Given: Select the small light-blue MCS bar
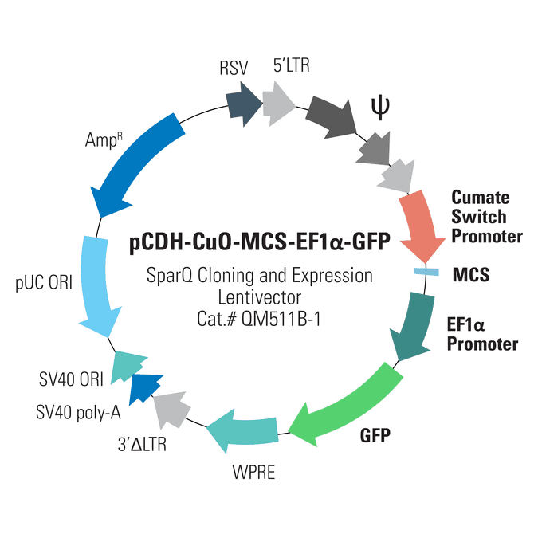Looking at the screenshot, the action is click(426, 272).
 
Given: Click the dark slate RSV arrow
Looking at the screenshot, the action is click(244, 104).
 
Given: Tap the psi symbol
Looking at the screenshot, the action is click(380, 108).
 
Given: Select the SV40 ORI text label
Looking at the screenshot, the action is click(71, 379).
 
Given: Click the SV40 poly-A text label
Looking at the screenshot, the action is click(79, 412).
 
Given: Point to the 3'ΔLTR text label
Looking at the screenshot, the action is click(142, 444).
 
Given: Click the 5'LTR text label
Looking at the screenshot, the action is click(291, 65).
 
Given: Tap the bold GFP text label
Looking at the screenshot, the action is click(375, 436).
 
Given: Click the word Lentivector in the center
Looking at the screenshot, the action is click(260, 297).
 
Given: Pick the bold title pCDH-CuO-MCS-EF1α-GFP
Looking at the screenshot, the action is click(260, 242).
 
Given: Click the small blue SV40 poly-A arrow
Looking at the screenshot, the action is click(144, 388).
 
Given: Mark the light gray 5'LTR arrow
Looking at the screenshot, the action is click(279, 104).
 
